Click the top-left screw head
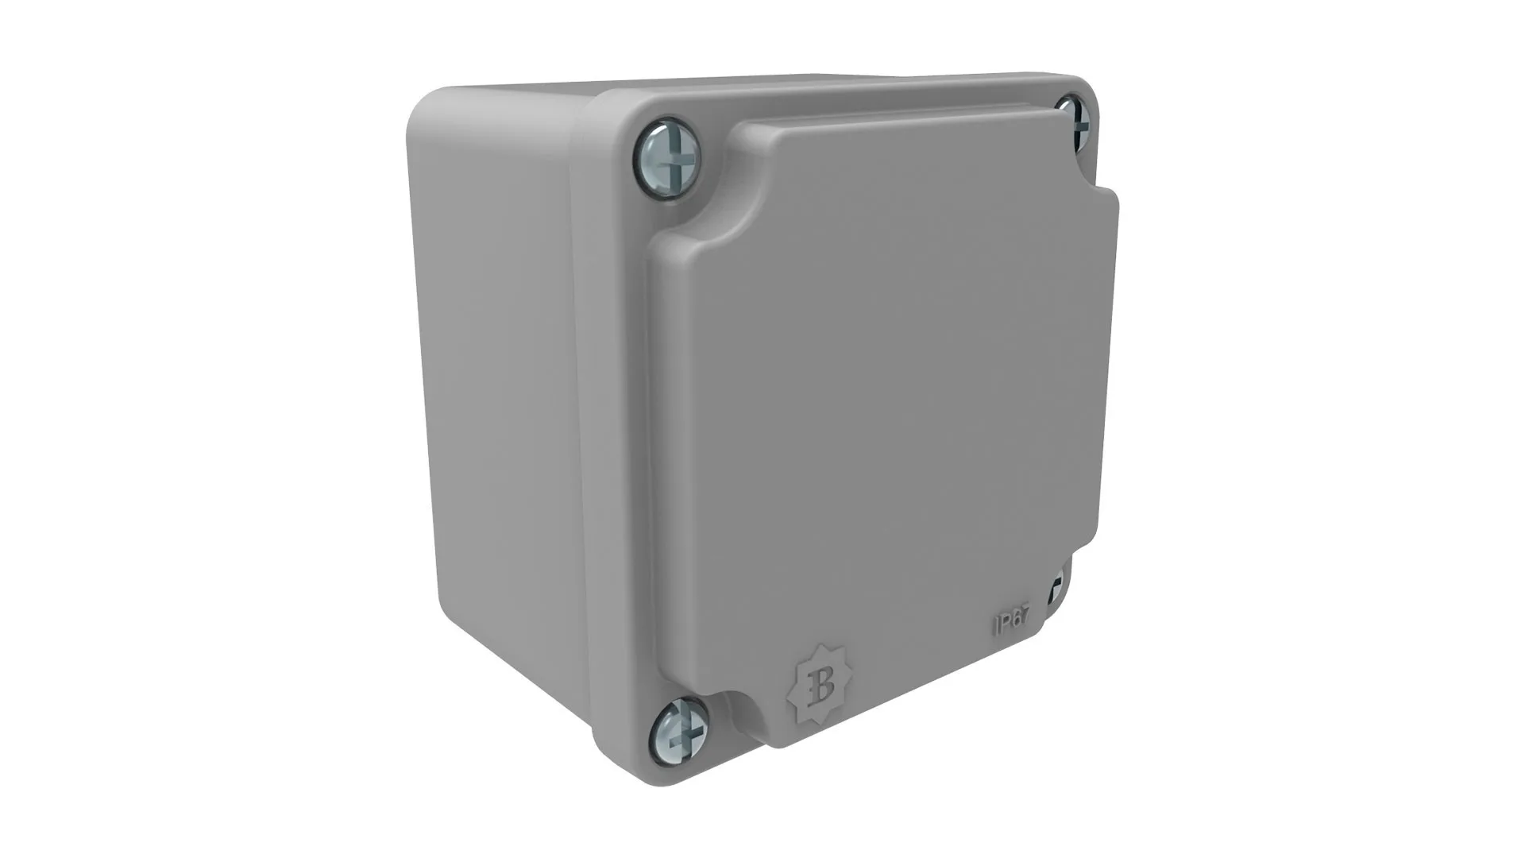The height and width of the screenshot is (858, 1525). [667, 158]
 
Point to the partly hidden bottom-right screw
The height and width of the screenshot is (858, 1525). [1056, 589]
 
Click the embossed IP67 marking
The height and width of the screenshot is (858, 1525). [1011, 620]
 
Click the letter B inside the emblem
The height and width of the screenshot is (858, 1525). [820, 685]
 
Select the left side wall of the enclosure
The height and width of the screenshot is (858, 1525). [500, 397]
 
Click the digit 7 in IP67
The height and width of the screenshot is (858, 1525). [1023, 616]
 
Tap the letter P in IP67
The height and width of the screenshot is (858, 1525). [1004, 622]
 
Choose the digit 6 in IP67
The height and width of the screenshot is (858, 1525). [1014, 620]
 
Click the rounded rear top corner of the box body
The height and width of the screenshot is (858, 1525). [429, 107]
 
